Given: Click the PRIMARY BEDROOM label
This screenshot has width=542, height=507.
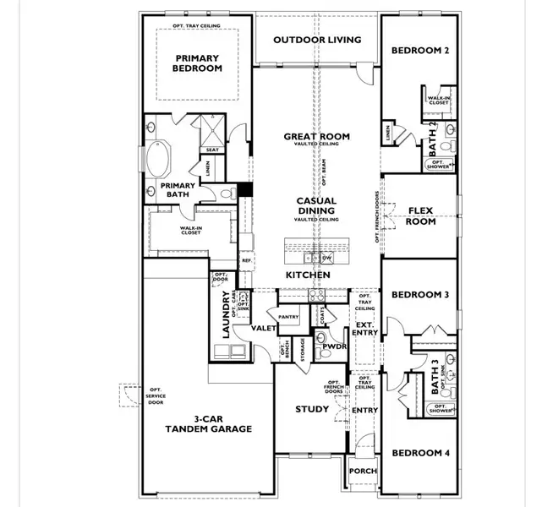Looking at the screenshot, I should (x=198, y=63).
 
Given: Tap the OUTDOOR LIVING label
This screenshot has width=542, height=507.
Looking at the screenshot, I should (x=317, y=40).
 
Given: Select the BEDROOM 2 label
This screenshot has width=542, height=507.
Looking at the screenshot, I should (x=419, y=51).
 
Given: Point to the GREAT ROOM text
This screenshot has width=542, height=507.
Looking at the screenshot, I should (x=317, y=136).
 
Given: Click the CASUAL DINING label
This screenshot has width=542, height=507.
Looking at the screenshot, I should (x=316, y=206).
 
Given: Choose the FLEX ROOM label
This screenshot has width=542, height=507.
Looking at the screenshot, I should (x=421, y=216).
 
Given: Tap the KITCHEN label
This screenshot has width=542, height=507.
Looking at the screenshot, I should (x=307, y=276).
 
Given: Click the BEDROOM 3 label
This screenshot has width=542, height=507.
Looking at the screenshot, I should (x=419, y=295).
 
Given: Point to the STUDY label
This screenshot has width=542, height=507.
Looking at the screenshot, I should (x=312, y=410).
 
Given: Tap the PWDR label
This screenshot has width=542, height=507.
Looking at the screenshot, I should (x=333, y=346).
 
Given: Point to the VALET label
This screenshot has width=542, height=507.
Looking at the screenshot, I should (x=261, y=328).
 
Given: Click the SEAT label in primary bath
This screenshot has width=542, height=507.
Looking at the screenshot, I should (x=211, y=150).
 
